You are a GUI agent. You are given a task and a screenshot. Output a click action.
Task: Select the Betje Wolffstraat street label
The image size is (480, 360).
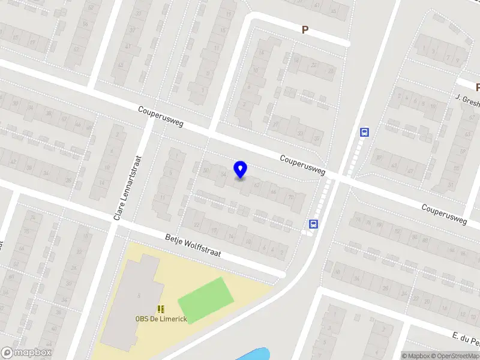click(x=193, y=245)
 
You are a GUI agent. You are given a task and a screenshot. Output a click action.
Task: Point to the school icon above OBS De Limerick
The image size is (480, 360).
click(x=160, y=309)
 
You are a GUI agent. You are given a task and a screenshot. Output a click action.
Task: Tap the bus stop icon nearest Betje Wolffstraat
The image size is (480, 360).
click(x=313, y=224)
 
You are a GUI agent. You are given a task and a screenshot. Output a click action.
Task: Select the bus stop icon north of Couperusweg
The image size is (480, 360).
click(x=364, y=132)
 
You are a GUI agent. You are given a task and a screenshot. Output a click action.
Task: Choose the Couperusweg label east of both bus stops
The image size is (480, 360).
click(x=444, y=214)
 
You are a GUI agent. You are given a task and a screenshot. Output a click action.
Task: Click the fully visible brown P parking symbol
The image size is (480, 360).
click(x=305, y=29)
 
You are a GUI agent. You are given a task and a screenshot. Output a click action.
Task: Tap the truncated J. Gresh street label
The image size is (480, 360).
click(x=467, y=100)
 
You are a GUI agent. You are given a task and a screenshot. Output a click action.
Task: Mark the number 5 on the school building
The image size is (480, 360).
click(x=139, y=295)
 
